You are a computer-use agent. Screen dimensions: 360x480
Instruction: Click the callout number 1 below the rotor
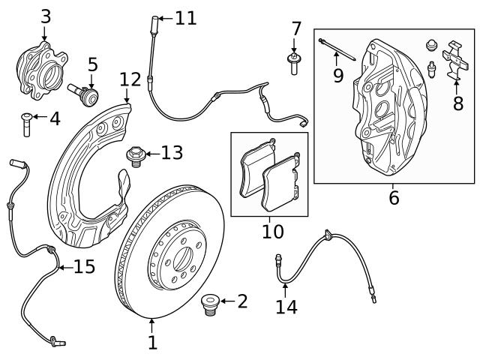pyautogui.click(x=152, y=343)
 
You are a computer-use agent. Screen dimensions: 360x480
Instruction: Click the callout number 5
pyautogui.click(x=92, y=64)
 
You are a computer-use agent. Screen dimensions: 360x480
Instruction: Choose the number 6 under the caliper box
pyautogui.click(x=394, y=198)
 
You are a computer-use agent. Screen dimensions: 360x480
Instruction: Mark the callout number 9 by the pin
pyautogui.click(x=338, y=74)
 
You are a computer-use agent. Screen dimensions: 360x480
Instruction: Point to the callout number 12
pyautogui.click(x=130, y=79)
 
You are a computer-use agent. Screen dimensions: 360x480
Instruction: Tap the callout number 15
pyautogui.click(x=83, y=266)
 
